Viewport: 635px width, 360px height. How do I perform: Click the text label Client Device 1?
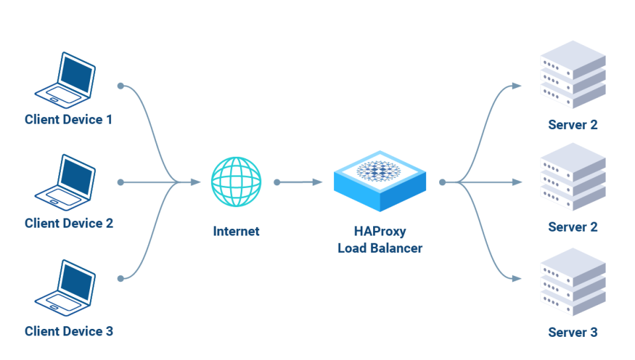68,120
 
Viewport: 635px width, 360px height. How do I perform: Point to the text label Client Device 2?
68,223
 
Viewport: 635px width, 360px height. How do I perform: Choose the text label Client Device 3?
68,331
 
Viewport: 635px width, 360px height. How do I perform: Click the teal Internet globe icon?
236,181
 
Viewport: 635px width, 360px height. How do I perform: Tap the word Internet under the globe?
236,232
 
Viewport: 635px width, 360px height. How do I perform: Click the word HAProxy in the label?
379,232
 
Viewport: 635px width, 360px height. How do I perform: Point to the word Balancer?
398,248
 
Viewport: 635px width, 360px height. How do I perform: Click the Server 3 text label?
573,332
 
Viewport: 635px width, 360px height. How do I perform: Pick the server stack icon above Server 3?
573,285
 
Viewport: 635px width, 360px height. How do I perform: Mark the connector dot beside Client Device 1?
120,86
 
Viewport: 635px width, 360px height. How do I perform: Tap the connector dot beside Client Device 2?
120,182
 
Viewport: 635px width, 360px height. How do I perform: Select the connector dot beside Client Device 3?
120,279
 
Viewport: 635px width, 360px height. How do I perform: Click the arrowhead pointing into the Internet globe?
195,182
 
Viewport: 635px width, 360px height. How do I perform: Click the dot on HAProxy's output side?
441,182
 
